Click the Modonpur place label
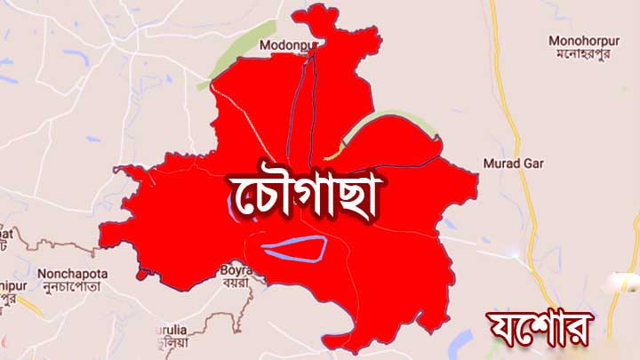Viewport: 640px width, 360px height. point(284,44)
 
